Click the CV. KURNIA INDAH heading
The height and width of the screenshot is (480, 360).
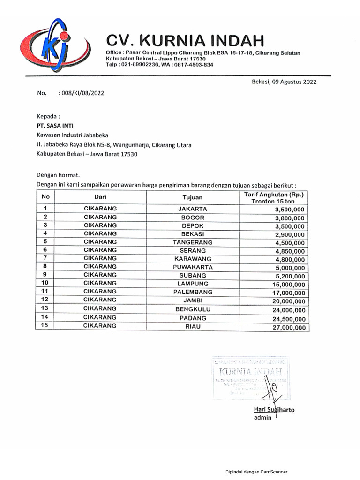coord(185,39)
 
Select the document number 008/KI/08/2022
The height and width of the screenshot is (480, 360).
coord(81,93)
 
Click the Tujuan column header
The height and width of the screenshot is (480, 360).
coord(192,198)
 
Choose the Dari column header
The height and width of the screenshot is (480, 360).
coord(100,198)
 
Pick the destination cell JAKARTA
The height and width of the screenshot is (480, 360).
coord(192,209)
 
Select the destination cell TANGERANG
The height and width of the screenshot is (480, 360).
coord(192,242)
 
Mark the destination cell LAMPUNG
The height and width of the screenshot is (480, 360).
coord(192,284)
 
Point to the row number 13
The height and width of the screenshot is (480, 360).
coord(45,308)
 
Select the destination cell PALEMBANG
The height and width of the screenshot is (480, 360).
coord(192,292)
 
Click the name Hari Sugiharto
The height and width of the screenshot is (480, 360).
coord(274,409)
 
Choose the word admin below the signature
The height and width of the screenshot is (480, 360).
coord(262,417)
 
